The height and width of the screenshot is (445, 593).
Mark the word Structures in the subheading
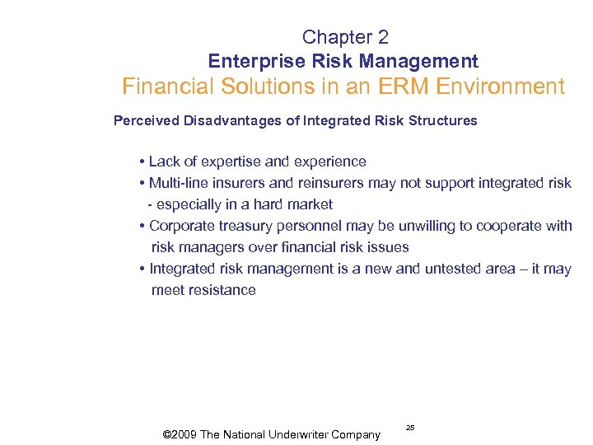click(x=445, y=121)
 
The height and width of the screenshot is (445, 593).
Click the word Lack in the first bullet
click(x=164, y=162)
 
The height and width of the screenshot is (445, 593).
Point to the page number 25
click(x=410, y=428)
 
